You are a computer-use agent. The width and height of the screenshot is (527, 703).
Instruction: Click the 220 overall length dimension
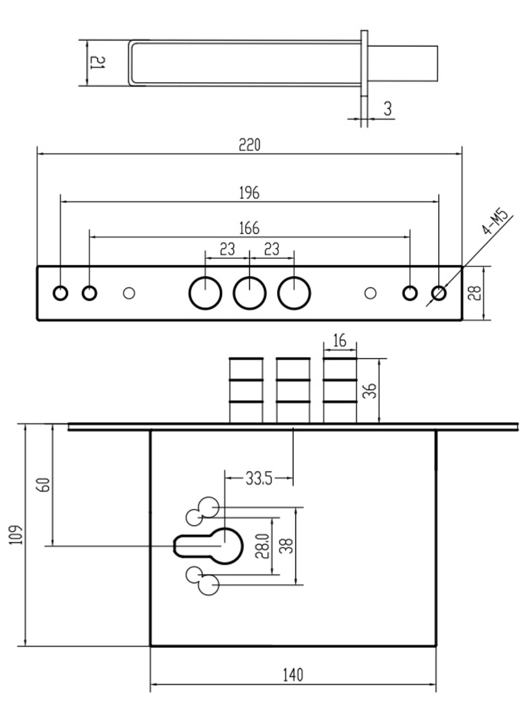[x=249, y=145]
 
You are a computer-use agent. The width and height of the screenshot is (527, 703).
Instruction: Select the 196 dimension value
[x=249, y=193]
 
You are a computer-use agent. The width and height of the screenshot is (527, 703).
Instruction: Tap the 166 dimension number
[x=249, y=228]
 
